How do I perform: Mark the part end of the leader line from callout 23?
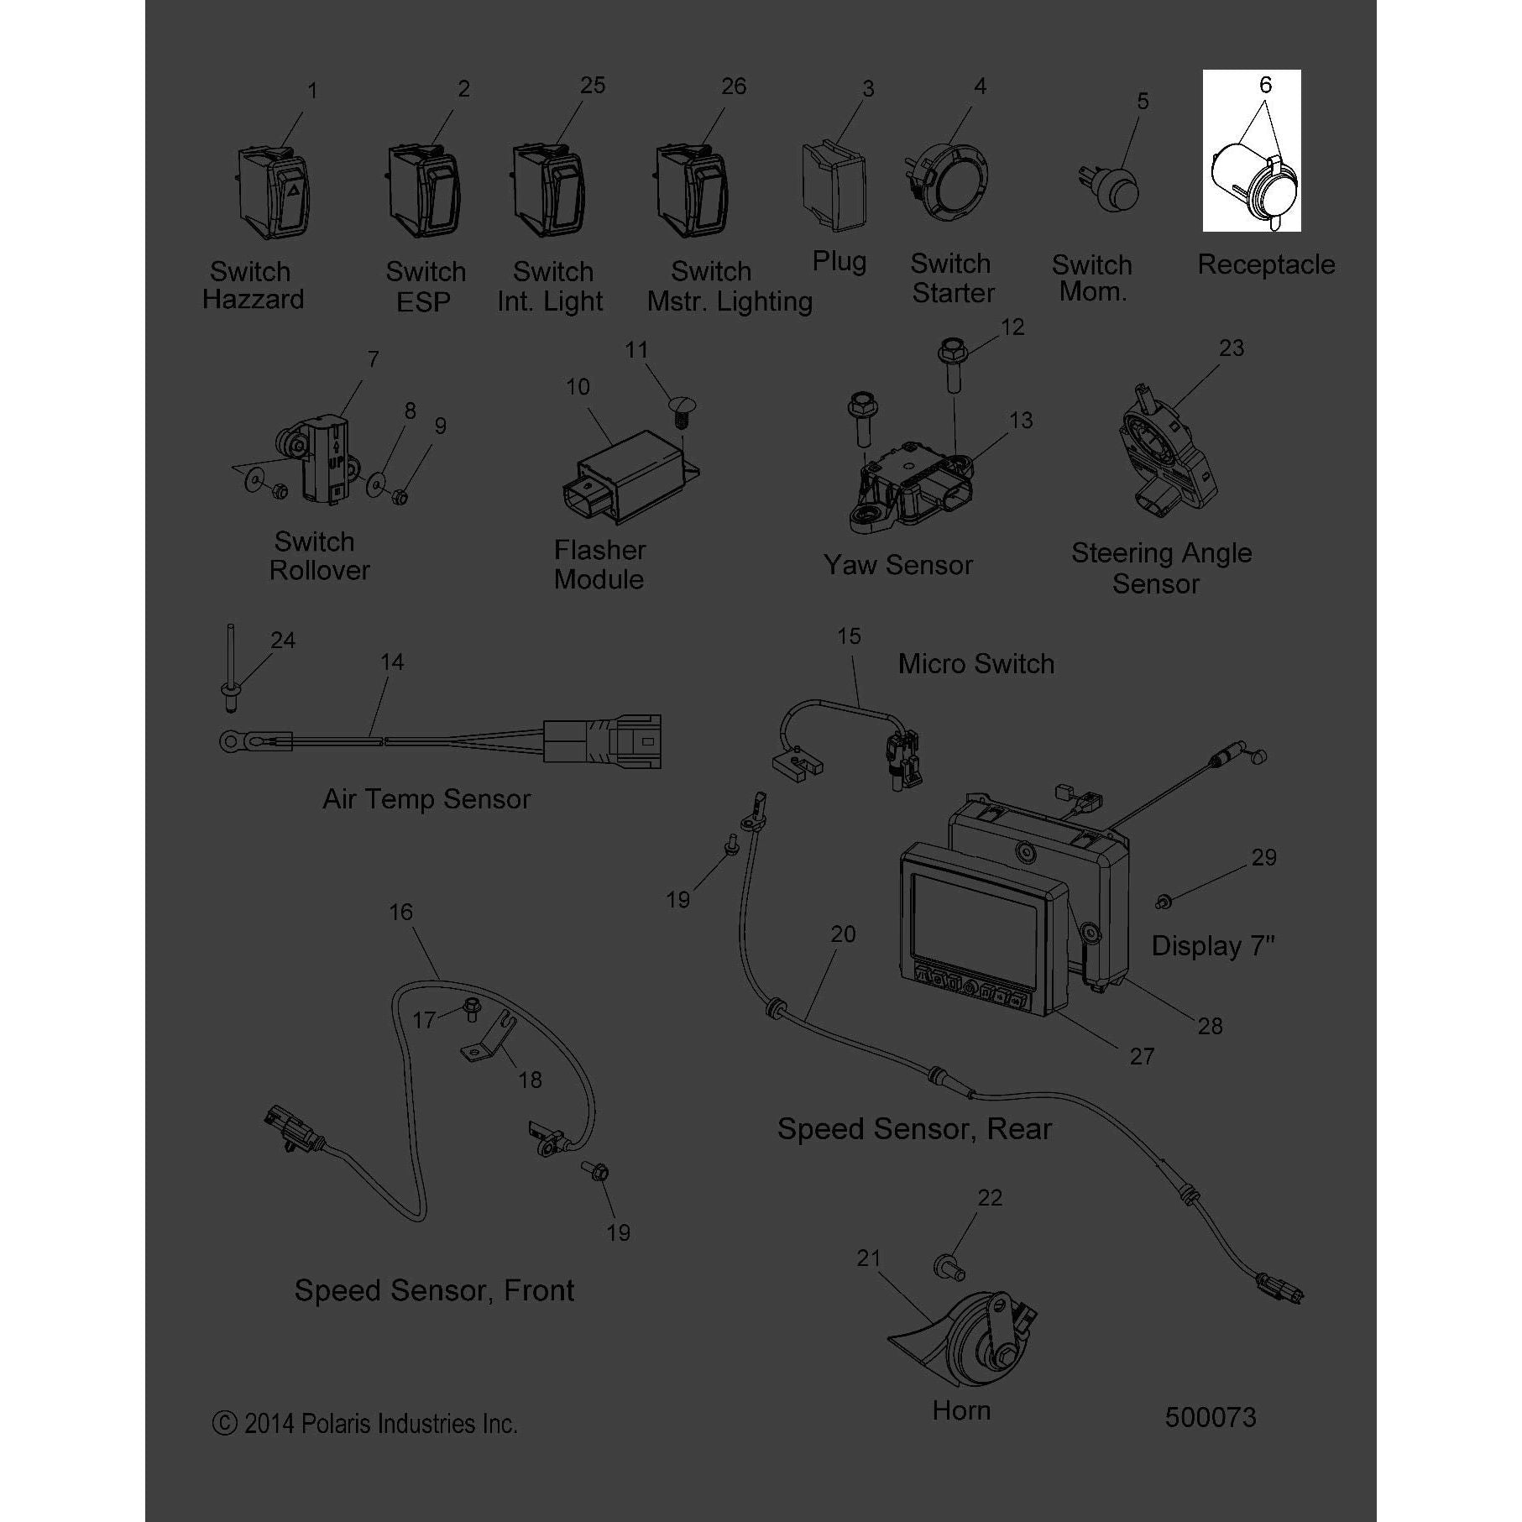(x=1173, y=409)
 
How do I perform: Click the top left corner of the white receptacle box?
(x=1203, y=70)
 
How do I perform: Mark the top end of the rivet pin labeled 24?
(x=229, y=625)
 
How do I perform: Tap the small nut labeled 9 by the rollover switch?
(x=400, y=497)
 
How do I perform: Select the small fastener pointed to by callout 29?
(x=1163, y=902)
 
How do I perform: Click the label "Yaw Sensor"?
(x=897, y=565)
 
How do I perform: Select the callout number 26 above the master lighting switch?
(x=733, y=86)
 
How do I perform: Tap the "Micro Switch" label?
(x=975, y=663)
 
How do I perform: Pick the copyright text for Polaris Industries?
(x=364, y=1424)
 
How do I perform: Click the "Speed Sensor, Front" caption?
(x=434, y=1290)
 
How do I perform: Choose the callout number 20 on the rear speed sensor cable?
(x=843, y=934)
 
